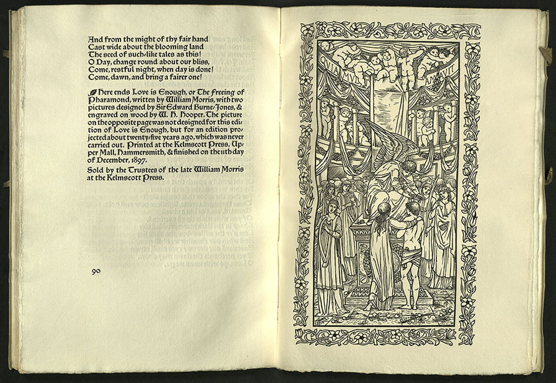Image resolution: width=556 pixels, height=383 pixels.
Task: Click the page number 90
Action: (96, 271)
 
